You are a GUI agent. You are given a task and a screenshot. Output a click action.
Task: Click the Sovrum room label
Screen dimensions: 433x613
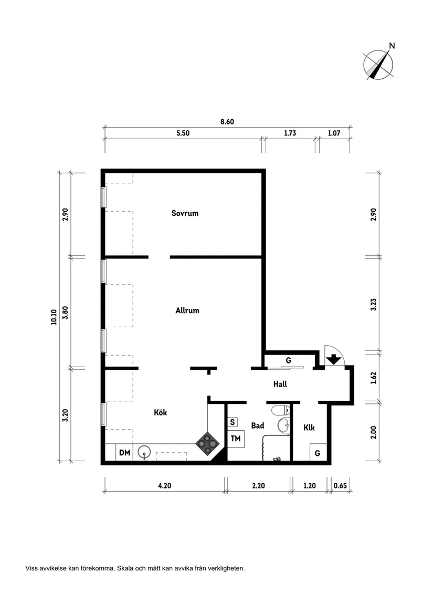coord(185,213)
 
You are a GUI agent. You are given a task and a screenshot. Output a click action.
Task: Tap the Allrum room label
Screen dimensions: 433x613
coord(187,310)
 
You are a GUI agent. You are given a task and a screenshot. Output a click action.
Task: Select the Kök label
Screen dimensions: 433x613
coord(160,412)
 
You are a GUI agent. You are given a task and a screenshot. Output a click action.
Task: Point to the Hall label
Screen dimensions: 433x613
coord(280,384)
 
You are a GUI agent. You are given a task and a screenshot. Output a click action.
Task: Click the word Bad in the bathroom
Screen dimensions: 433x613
coord(258,425)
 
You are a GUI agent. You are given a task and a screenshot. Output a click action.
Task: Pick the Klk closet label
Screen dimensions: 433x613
coord(309,427)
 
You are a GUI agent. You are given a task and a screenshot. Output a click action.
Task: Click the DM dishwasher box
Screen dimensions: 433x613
coord(124,452)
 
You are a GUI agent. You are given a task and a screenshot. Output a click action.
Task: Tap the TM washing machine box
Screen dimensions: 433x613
coord(236,439)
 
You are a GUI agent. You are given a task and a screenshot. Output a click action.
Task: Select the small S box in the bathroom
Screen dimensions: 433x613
coord(233,422)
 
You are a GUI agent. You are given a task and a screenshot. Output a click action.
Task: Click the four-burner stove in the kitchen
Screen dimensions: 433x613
coord(207,443)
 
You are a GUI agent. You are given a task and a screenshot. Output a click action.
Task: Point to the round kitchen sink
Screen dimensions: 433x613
coord(144,452)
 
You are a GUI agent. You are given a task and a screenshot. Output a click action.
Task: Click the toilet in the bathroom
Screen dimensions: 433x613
coord(281,410)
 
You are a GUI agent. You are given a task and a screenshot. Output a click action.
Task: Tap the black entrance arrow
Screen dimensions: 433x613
coord(333,359)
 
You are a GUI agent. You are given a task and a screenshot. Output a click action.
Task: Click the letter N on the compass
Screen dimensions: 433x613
coord(392,46)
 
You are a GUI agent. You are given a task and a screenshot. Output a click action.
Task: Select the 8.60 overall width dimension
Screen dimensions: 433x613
coord(227,121)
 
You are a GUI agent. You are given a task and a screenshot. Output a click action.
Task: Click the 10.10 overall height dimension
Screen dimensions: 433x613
coord(54,317)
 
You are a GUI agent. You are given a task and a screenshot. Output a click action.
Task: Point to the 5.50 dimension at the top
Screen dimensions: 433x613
coord(183,133)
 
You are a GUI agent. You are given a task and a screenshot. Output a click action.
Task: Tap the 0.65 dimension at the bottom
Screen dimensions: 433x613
coord(340,485)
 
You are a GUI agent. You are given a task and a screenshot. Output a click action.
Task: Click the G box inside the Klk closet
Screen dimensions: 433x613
coord(318,453)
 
